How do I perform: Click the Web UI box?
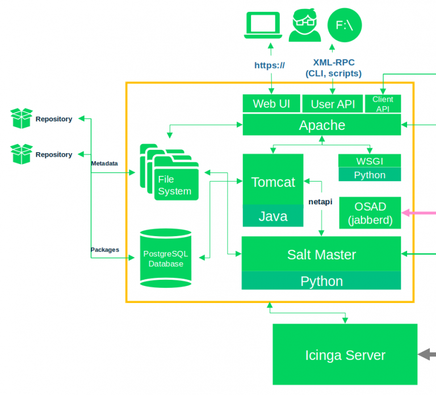[x=271, y=104]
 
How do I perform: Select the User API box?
[x=333, y=104]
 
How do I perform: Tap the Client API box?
[x=383, y=104]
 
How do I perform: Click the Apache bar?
[x=322, y=125]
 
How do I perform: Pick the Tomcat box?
[x=273, y=182]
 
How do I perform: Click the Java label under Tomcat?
[x=273, y=216]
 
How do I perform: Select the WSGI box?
[x=370, y=161]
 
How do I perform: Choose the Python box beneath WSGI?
[x=370, y=175]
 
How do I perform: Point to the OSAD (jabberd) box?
[x=370, y=213]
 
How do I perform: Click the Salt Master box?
[x=321, y=254]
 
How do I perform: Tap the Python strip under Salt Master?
[x=321, y=281]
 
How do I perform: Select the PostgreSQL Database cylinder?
[x=166, y=258]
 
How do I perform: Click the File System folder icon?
[x=170, y=174]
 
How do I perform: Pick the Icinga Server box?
[x=345, y=355]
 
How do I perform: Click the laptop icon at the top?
[x=263, y=26]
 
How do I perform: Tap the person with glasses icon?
[x=304, y=26]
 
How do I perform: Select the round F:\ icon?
[x=345, y=26]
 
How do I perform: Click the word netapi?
[x=320, y=201]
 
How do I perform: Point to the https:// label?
[x=270, y=65]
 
